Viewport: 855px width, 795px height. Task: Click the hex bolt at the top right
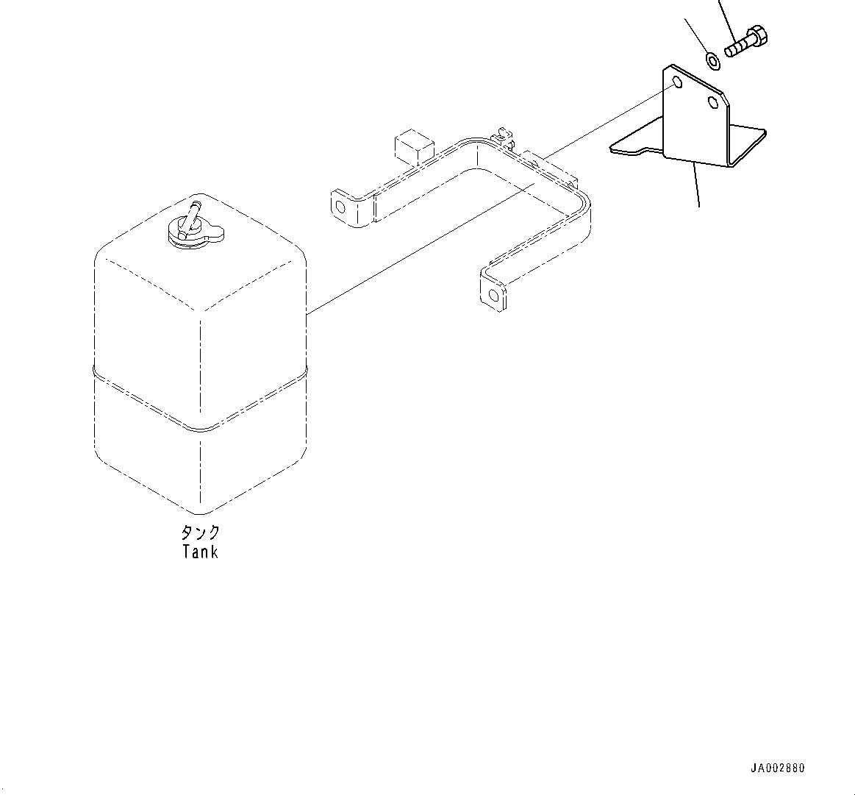(746, 42)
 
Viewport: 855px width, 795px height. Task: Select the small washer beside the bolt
(712, 60)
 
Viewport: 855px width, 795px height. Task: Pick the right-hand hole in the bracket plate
(712, 101)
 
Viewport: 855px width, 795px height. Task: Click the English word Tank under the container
(200, 552)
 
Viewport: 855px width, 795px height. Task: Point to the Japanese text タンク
(200, 532)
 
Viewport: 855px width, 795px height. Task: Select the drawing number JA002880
(777, 769)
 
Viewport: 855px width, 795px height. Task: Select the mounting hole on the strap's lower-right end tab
(494, 296)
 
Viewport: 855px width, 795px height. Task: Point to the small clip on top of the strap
(502, 135)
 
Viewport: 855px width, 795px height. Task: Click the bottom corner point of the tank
(200, 513)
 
